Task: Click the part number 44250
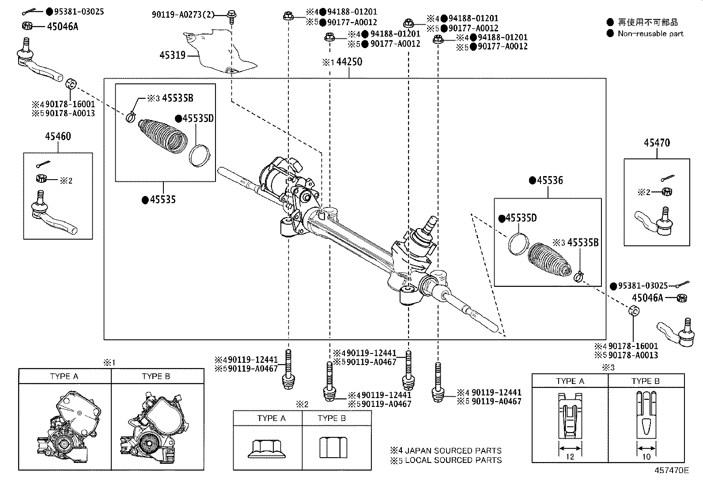tap(349, 62)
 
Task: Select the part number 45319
tap(172, 56)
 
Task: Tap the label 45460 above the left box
tap(57, 136)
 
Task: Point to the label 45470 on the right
tap(657, 143)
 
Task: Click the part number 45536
tap(550, 180)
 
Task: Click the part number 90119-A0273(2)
tap(183, 15)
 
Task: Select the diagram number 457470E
tap(671, 470)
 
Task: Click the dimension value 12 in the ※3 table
tap(570, 457)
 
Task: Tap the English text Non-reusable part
tap(650, 34)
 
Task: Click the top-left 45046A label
tap(62, 26)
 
